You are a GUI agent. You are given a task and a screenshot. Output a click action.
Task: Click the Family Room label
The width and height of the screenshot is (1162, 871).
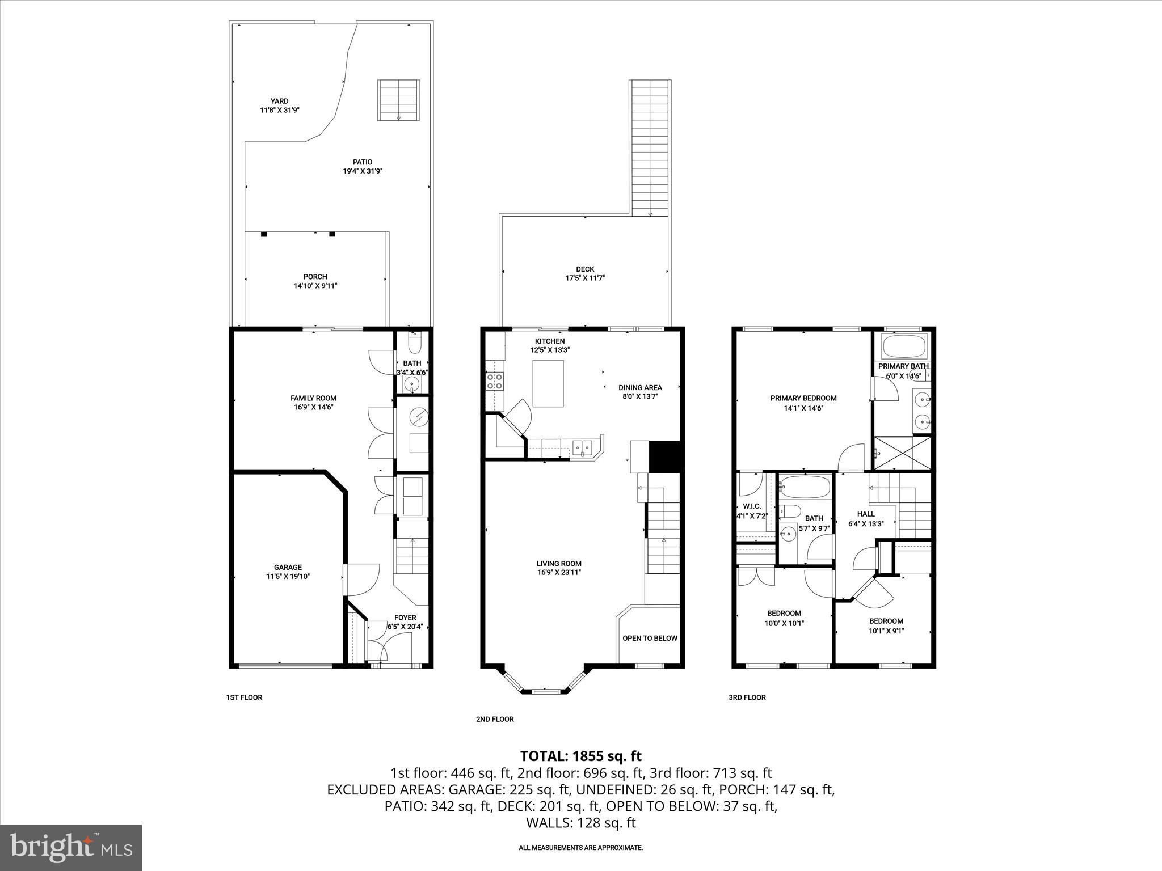[x=313, y=398]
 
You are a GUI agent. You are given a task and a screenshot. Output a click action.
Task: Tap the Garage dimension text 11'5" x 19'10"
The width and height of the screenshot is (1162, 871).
[x=288, y=576]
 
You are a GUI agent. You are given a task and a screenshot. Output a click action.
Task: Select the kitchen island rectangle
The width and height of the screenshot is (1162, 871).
[x=548, y=383]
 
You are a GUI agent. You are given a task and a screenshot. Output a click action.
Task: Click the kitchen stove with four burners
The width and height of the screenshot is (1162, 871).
[x=494, y=381]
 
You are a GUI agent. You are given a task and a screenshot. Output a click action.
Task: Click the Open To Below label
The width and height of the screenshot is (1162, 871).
[x=650, y=638]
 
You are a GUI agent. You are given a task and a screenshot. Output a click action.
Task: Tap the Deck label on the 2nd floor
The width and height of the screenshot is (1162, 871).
[x=585, y=269]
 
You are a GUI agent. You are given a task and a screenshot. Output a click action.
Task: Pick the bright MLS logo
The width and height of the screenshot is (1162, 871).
[x=71, y=847]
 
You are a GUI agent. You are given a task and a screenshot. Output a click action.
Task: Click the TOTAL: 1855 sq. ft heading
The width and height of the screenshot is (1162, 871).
[x=580, y=756]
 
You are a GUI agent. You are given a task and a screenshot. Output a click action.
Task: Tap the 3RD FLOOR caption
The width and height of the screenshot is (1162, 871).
[x=747, y=697]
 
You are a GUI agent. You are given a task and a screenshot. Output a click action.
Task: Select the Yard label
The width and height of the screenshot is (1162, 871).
[x=279, y=101]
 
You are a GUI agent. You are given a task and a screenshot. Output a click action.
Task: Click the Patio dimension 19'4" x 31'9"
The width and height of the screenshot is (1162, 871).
[x=363, y=171]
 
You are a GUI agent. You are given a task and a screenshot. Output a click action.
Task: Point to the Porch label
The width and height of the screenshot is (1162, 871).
[x=315, y=277]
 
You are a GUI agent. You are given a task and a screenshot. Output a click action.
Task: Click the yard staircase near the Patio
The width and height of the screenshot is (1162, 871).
[x=399, y=100]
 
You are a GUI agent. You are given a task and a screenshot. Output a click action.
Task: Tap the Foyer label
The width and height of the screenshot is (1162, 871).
[x=405, y=618]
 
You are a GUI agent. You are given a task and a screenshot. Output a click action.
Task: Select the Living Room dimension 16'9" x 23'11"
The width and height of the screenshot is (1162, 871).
[x=559, y=573]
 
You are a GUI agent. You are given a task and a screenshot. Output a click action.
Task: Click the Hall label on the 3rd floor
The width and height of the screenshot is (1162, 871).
[x=866, y=514]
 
